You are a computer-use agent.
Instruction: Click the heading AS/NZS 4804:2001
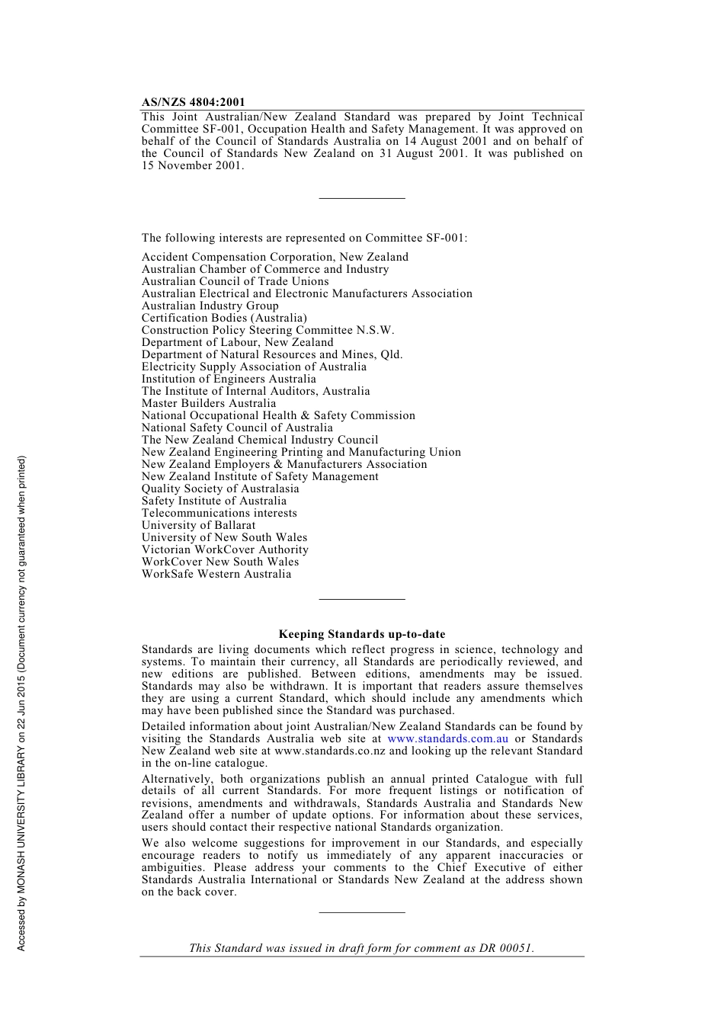(193, 102)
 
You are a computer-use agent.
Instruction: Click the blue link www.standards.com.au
(447, 738)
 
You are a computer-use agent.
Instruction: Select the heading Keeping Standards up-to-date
(361, 634)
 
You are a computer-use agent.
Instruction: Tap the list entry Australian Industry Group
(210, 306)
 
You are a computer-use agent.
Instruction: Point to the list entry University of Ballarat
(198, 525)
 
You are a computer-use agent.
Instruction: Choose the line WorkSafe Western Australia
(216, 574)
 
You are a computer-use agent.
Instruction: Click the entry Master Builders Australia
(208, 403)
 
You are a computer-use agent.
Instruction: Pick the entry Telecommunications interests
(219, 513)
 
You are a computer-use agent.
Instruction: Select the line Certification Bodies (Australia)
(224, 318)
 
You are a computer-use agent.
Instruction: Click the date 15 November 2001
(192, 165)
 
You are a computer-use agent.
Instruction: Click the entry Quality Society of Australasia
(220, 488)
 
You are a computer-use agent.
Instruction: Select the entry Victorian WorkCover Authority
(225, 549)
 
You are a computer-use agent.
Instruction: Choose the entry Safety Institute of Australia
(213, 501)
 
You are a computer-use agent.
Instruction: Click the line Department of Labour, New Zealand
(237, 342)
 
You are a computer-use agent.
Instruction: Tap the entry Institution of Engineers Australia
(228, 379)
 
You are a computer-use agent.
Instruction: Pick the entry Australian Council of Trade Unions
(235, 281)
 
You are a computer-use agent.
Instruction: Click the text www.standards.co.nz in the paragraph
(330, 751)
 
